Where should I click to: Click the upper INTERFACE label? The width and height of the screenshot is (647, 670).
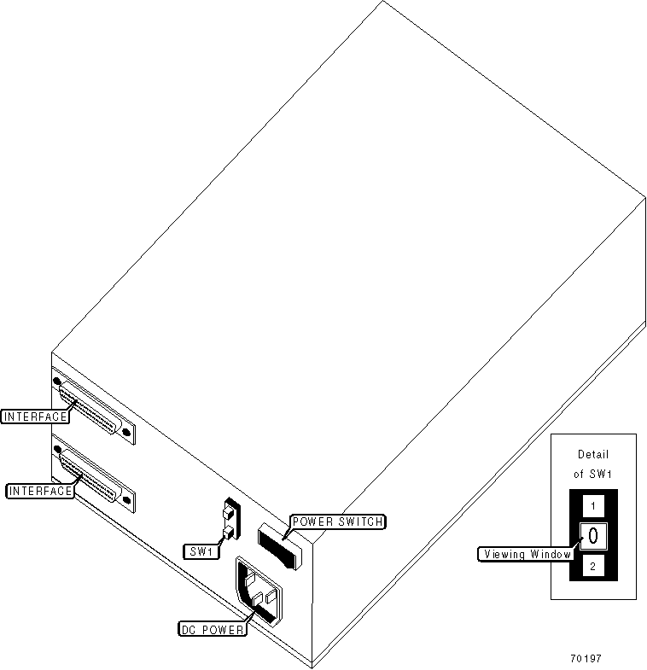33,417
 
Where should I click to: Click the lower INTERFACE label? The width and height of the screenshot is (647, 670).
38,491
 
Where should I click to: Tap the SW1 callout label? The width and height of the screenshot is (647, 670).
201,551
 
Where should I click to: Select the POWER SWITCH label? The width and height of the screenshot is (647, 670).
337,521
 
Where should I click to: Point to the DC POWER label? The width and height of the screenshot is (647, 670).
213,630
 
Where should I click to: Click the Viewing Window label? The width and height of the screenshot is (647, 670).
525,554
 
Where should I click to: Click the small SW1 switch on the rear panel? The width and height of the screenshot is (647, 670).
229,521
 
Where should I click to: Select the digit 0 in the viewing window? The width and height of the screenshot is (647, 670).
592,536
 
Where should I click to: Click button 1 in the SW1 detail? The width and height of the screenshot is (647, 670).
592,506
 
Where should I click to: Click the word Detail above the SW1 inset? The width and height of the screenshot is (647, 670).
592,455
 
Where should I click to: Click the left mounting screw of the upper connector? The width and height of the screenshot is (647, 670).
57,381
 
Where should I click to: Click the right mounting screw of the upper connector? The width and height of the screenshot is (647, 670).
127,433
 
